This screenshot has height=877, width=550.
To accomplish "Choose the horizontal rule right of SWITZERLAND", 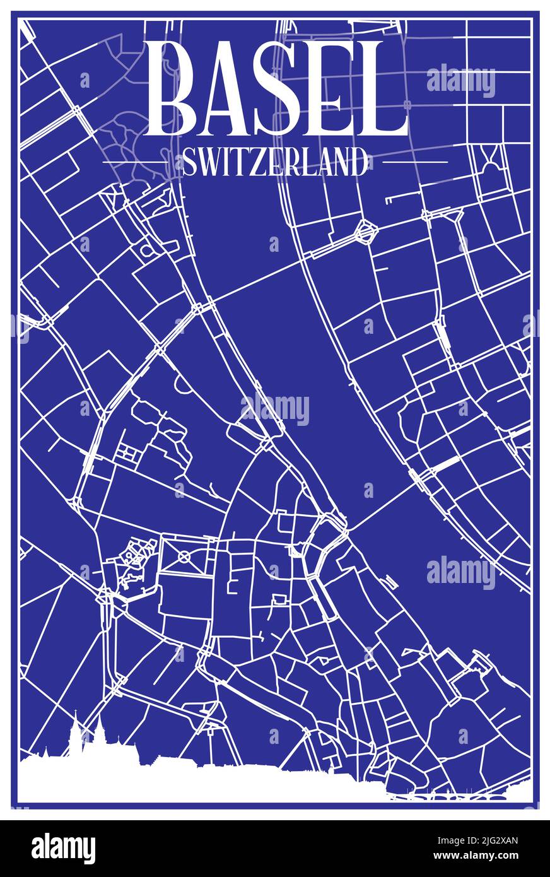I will (416, 162).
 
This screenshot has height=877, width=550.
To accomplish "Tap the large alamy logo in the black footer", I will (63, 849).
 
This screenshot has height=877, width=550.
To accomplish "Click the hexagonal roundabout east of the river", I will (364, 232).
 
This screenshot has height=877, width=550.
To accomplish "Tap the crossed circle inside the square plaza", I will (184, 556).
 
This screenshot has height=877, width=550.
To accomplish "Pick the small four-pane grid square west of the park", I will (129, 452).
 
